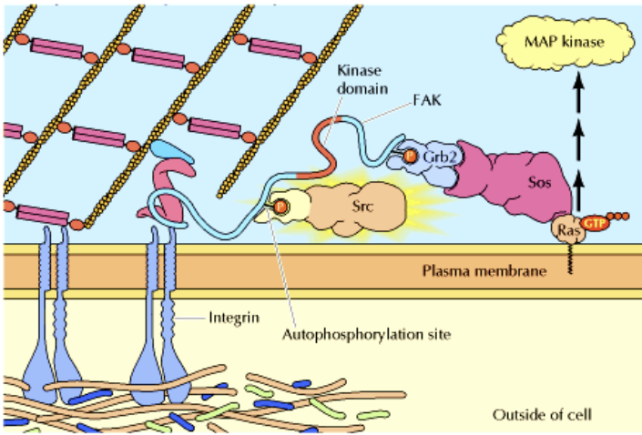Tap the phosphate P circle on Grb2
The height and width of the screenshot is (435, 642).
[410, 157]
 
